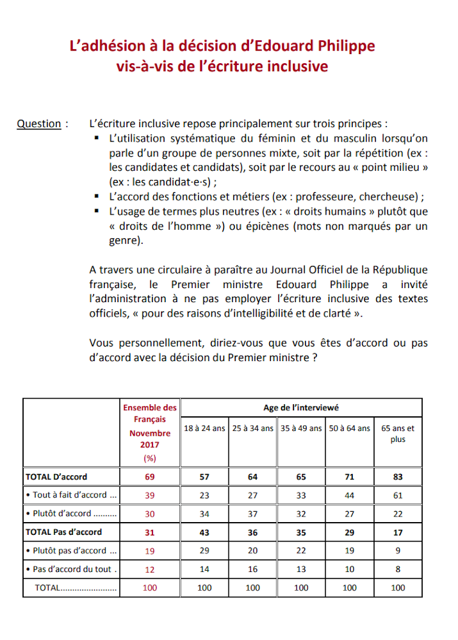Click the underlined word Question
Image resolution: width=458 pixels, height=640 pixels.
pyautogui.click(x=39, y=124)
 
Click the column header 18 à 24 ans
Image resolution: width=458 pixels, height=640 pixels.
pyautogui.click(x=204, y=428)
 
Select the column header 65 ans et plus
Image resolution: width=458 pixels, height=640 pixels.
pyautogui.click(x=398, y=433)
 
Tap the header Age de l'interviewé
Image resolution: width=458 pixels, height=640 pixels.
pyautogui.click(x=301, y=408)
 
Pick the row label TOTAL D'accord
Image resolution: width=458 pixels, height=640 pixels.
pyautogui.click(x=56, y=477)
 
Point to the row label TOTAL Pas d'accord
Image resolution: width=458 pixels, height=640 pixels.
pyautogui.click(x=64, y=532)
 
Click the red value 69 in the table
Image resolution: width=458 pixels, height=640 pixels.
pyautogui.click(x=149, y=477)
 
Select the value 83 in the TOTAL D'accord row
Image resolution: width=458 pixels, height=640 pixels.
pyautogui.click(x=398, y=477)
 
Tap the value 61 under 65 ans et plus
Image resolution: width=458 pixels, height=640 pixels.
pyautogui.click(x=398, y=495)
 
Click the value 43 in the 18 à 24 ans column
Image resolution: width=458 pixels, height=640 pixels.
pyautogui.click(x=204, y=532)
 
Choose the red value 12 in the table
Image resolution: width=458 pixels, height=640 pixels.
pyautogui.click(x=149, y=569)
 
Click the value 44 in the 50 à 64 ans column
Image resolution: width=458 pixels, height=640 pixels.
pyautogui.click(x=349, y=495)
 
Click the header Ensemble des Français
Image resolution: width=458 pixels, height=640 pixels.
pyautogui.click(x=150, y=413)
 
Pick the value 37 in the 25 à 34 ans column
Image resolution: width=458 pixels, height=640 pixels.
pyautogui.click(x=253, y=514)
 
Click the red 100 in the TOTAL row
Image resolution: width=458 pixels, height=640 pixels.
pyautogui.click(x=149, y=588)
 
